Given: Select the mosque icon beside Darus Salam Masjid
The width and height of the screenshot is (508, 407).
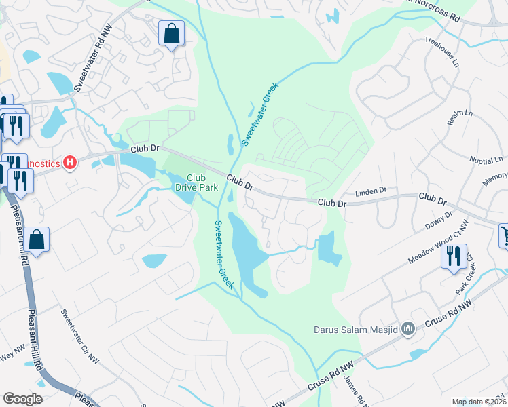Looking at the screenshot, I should (408, 330).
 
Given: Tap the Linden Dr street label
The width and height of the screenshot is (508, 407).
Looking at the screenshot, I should (371, 192).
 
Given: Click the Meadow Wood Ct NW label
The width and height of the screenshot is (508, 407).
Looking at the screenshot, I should (438, 246).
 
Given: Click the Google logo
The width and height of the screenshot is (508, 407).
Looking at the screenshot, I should (22, 399).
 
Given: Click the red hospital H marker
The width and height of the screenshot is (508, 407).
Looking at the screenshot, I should (69, 163).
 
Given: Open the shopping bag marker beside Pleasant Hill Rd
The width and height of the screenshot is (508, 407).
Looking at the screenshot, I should (38, 240).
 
